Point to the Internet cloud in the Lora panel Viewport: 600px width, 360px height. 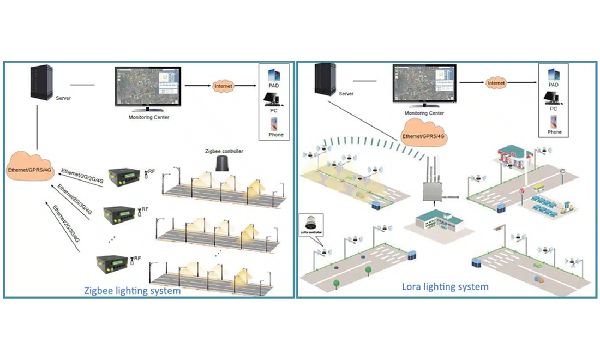(x=496, y=83)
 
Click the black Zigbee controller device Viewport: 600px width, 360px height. (x=223, y=164)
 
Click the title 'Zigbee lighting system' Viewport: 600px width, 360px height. (x=133, y=291)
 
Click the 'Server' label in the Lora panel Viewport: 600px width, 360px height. (x=346, y=94)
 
